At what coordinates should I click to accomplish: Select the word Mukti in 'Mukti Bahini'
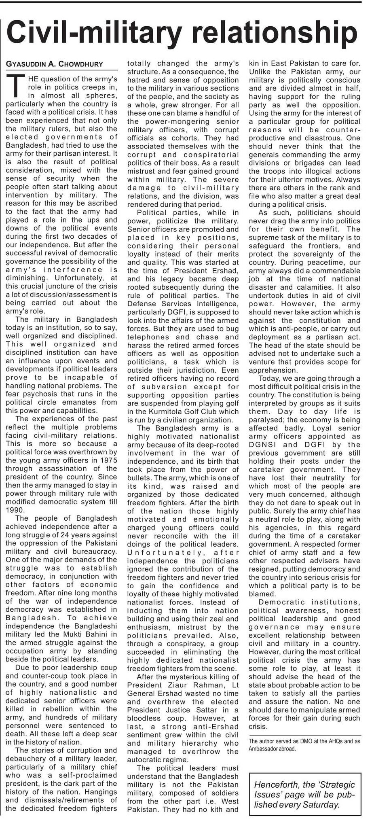pyautogui.click(x=78, y=634)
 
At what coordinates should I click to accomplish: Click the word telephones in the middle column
pyautogui.click(x=148, y=337)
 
